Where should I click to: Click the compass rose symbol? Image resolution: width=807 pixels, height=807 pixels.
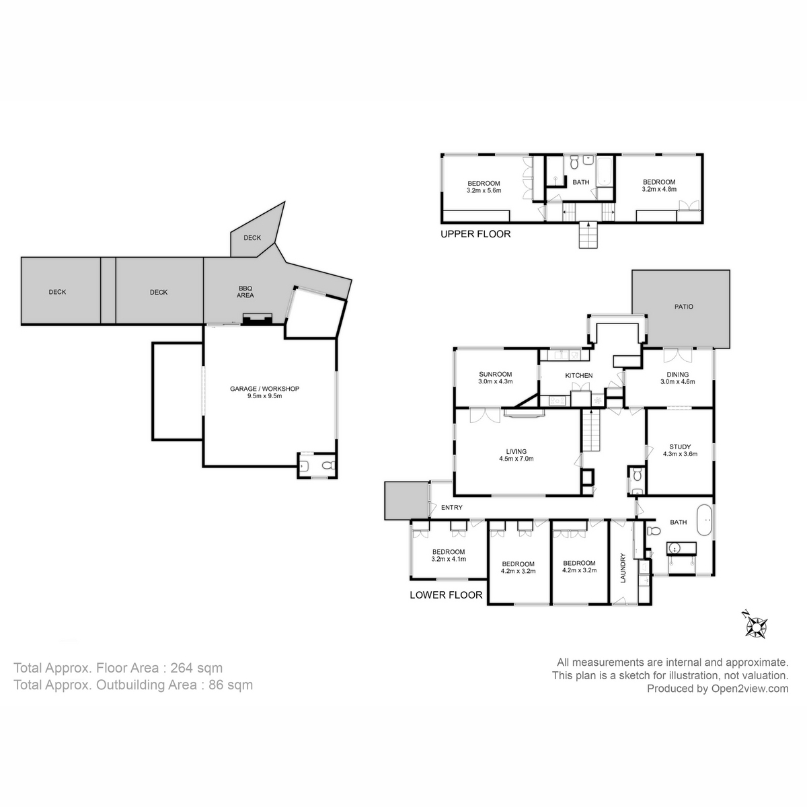coord(756,625)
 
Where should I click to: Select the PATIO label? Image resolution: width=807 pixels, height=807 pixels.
coord(683,307)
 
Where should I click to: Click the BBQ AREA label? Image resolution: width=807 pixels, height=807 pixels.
coord(245,291)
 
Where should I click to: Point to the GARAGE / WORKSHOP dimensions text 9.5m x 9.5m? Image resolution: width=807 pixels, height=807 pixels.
coord(264,396)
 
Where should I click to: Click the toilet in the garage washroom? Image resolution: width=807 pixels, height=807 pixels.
coord(328,465)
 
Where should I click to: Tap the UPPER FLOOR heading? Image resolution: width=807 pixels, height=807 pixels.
coord(475,234)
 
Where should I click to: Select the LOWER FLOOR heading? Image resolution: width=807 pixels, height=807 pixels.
coord(446,594)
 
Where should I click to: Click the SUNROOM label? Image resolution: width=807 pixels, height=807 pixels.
coord(496,375)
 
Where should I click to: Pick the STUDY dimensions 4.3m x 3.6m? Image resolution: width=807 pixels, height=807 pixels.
coord(680,454)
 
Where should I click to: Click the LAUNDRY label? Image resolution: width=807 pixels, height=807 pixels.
coord(623,568)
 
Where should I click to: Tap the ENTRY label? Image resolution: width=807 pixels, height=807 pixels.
coord(451,508)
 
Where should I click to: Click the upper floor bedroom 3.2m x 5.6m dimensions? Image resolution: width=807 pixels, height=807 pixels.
coord(484,190)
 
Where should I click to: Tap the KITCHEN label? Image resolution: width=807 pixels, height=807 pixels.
coord(578,375)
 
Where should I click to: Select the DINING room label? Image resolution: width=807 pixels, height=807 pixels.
coord(677,375)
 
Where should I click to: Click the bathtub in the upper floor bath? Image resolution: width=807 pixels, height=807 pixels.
coord(604,171)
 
